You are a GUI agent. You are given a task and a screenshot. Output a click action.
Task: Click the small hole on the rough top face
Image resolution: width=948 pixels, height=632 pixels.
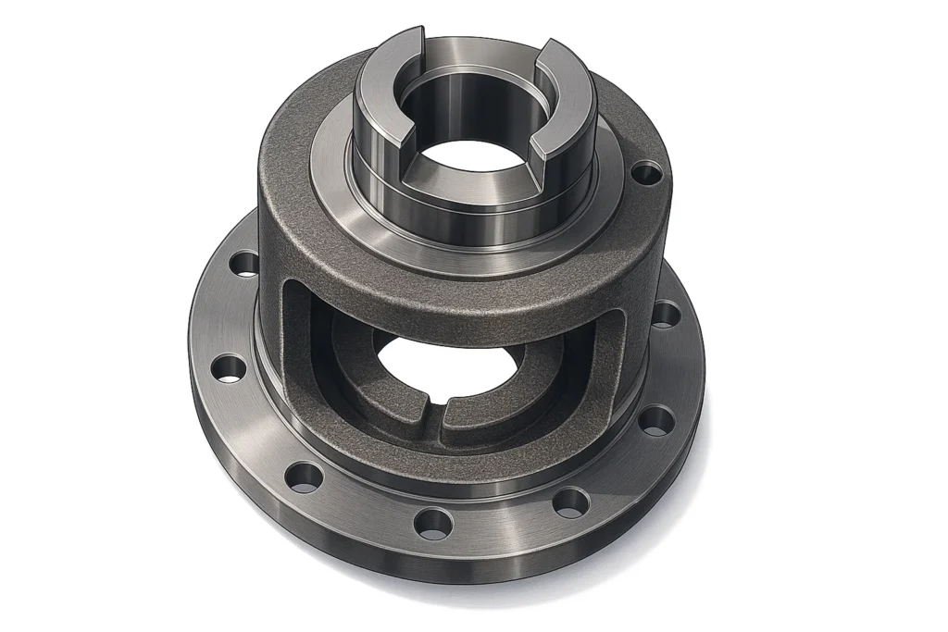(645, 172)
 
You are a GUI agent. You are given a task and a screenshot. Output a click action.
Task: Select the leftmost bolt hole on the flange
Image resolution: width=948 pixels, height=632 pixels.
(228, 368)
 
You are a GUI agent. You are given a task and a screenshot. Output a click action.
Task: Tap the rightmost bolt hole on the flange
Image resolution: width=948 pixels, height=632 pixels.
(666, 314)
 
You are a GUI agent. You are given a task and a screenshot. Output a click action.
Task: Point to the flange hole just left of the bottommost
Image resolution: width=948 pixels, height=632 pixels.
(304, 477)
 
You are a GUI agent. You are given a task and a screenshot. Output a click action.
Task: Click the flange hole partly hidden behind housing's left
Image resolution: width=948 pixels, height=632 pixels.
(244, 264)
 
